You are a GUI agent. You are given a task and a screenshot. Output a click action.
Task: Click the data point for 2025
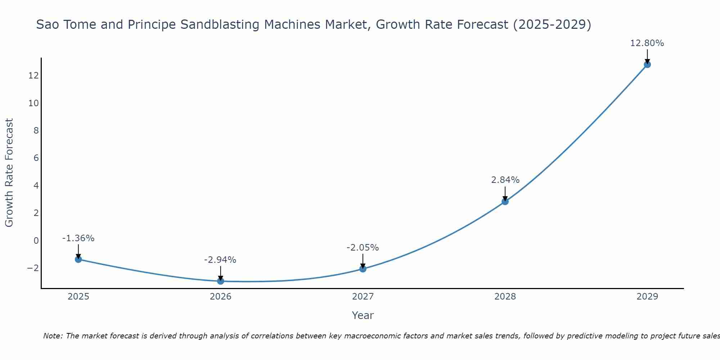click(78, 259)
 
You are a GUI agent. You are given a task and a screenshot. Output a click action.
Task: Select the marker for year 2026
click(221, 281)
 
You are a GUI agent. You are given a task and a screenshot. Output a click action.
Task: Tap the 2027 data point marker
click(363, 269)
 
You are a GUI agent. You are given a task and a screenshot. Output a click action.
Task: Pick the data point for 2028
click(505, 202)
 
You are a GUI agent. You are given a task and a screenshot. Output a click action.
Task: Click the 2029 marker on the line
click(647, 64)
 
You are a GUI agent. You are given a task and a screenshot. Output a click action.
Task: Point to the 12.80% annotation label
click(647, 43)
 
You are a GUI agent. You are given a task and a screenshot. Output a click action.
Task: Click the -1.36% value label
click(78, 238)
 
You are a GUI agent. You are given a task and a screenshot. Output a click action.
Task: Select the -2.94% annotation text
click(220, 260)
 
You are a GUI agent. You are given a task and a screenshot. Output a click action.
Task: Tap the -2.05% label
click(363, 248)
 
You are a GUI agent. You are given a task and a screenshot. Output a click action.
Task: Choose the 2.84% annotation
click(505, 180)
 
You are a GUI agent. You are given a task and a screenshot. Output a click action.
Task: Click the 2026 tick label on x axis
click(221, 297)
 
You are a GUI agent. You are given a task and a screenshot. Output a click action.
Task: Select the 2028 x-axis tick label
click(505, 297)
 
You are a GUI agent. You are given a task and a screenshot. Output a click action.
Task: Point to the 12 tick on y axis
click(34, 76)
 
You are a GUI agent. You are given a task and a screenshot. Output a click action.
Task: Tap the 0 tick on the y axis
click(36, 240)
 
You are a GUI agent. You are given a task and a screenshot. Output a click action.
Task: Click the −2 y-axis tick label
click(33, 268)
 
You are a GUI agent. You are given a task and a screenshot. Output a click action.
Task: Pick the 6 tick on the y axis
click(36, 158)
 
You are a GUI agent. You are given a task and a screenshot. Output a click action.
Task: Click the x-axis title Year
click(363, 315)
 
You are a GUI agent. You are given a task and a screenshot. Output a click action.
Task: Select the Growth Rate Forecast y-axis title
click(9, 172)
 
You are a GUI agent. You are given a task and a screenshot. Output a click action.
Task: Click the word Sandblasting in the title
click(220, 25)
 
